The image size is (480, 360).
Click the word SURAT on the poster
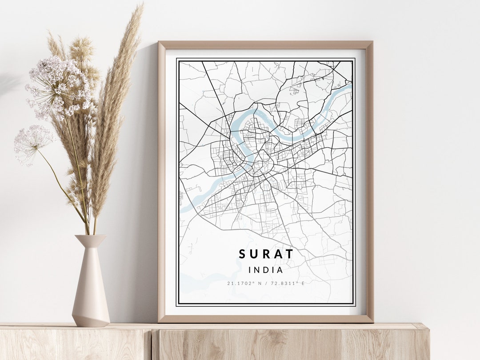pyautogui.click(x=266, y=254)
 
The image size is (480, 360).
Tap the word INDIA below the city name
pyautogui.click(x=266, y=270)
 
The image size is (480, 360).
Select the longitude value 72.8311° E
pyautogui.click(x=288, y=284)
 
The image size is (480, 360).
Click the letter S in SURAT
pyautogui.click(x=242, y=254)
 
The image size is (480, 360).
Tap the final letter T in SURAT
pyautogui.click(x=290, y=254)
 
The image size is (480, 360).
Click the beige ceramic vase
pyautogui.click(x=91, y=284)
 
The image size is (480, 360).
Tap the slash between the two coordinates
pyautogui.click(x=266, y=284)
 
